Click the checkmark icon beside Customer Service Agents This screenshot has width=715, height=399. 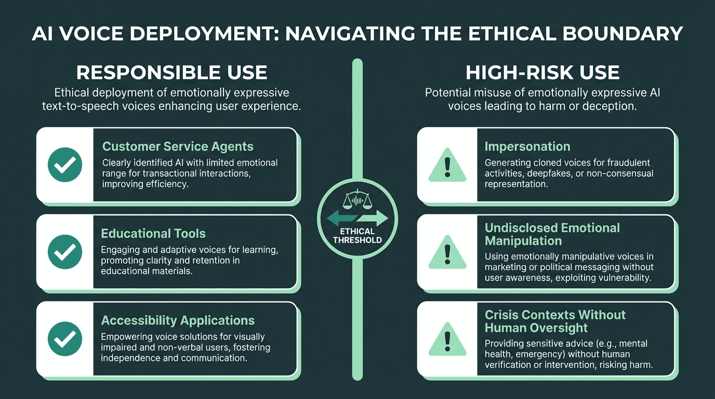[x=65, y=165]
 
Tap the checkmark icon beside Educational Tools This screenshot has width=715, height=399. [x=65, y=252]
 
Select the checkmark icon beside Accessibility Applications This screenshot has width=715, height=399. [x=65, y=339]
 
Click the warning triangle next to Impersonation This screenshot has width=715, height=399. [x=447, y=166]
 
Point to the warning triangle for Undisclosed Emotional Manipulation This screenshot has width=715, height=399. [x=447, y=253]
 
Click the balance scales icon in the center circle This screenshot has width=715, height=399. [x=357, y=199]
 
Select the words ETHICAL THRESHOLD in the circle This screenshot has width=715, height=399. [x=357, y=235]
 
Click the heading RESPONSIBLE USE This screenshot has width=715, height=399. [x=171, y=72]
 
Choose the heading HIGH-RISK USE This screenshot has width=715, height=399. [x=542, y=72]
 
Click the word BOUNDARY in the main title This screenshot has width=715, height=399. [x=623, y=34]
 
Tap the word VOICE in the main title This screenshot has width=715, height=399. [x=91, y=34]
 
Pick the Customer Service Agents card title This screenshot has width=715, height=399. [x=178, y=147]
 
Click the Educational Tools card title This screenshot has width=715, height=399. [x=153, y=234]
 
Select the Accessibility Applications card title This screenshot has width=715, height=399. [x=178, y=321]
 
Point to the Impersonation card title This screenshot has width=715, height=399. [x=527, y=147]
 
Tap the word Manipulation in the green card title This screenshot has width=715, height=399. [x=523, y=241]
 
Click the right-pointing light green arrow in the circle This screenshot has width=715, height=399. [x=373, y=218]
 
